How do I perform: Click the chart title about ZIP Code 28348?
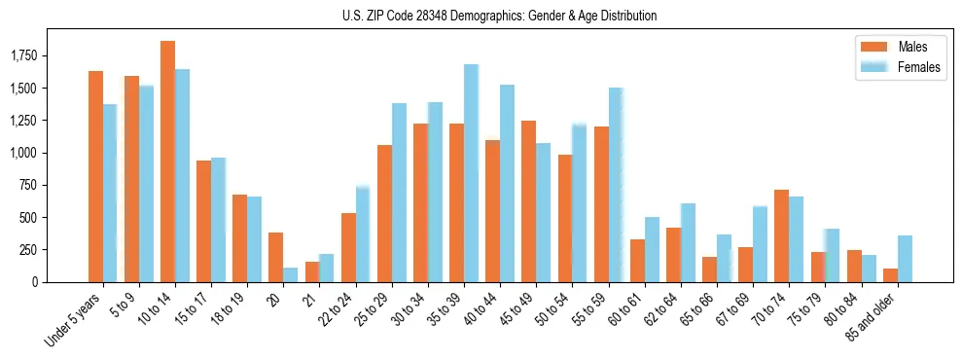click(x=499, y=16)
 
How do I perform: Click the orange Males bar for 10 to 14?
click(x=167, y=162)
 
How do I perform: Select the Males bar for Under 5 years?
click(x=95, y=176)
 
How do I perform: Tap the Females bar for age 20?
click(x=290, y=274)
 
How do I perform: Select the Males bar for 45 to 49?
click(x=528, y=201)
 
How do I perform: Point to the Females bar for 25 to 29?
click(x=399, y=193)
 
